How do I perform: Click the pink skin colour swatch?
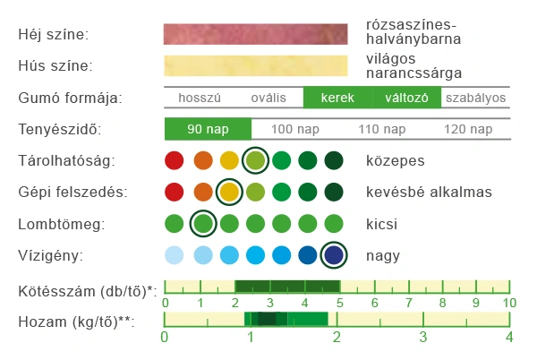coord(255,34)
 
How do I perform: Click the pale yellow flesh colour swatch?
coord(255,65)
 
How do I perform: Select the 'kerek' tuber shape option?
coord(337,98)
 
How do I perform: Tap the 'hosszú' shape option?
coord(199,98)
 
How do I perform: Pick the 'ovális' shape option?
coord(268,98)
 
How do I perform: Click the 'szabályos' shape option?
coord(475,98)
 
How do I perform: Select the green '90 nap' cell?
coord(208,129)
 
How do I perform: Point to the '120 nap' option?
coord(467,129)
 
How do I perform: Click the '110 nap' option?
coord(380,129)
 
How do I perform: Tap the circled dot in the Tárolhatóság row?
coord(255,161)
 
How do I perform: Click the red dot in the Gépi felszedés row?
coord(175,192)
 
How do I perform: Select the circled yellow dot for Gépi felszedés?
coord(229,192)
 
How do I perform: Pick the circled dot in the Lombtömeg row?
coord(202,222)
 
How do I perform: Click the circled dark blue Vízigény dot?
coord(335,255)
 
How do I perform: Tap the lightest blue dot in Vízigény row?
coord(175,255)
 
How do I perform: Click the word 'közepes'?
coord(395,161)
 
